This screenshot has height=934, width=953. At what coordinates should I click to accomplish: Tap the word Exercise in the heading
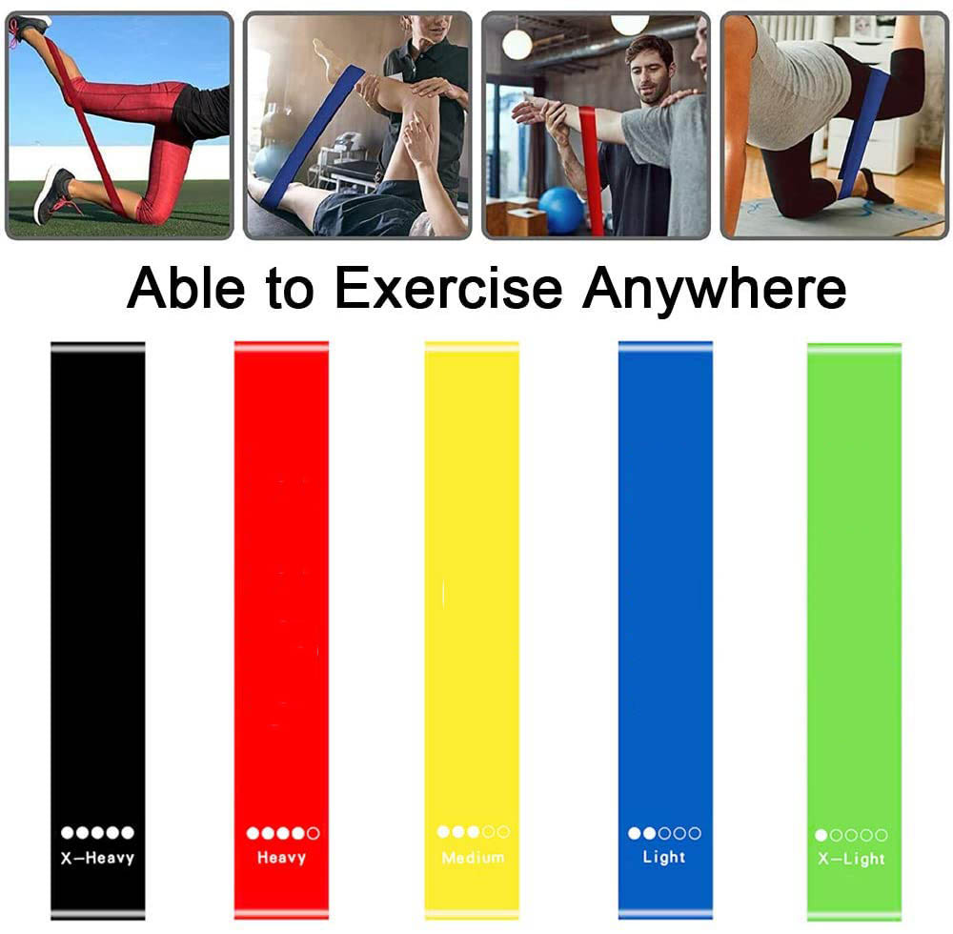(448, 289)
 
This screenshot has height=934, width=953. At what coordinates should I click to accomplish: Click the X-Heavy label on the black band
(97, 858)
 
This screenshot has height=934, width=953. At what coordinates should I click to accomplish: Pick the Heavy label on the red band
(281, 858)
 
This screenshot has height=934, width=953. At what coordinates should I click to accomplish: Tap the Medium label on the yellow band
(473, 858)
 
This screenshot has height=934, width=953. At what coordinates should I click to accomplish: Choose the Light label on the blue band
(664, 858)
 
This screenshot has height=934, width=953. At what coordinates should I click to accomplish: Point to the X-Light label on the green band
(852, 860)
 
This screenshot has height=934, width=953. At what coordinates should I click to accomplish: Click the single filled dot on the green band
(821, 836)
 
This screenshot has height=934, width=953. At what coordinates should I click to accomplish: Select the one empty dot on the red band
(314, 834)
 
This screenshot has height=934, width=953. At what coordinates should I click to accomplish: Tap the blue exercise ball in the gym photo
(561, 210)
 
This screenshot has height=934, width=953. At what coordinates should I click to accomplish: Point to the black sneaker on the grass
(54, 193)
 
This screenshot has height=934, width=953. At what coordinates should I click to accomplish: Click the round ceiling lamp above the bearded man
(517, 43)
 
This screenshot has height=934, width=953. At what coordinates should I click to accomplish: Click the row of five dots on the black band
(97, 833)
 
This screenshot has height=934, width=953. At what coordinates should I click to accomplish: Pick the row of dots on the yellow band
(473, 832)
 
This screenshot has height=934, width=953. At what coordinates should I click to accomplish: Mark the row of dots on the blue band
(664, 833)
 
